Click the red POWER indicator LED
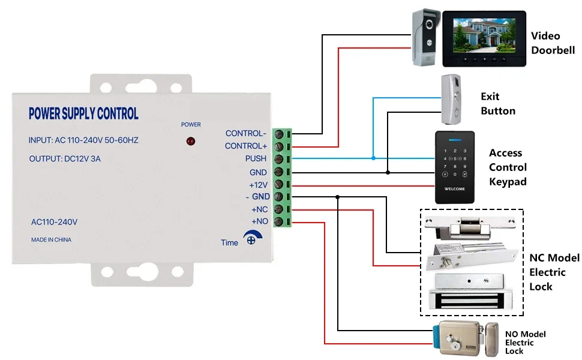(x=191, y=142)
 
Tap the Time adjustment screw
(x=252, y=241)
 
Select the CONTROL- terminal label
(x=246, y=133)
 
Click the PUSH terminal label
(x=256, y=159)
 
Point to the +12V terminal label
(x=258, y=185)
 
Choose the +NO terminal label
(x=259, y=222)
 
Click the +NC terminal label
(x=259, y=209)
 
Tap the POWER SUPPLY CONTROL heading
(x=83, y=113)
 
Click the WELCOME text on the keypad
(x=454, y=189)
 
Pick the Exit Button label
(x=497, y=103)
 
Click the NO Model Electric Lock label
(x=525, y=342)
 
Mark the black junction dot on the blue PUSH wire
(x=373, y=158)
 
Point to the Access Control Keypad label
(x=508, y=167)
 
